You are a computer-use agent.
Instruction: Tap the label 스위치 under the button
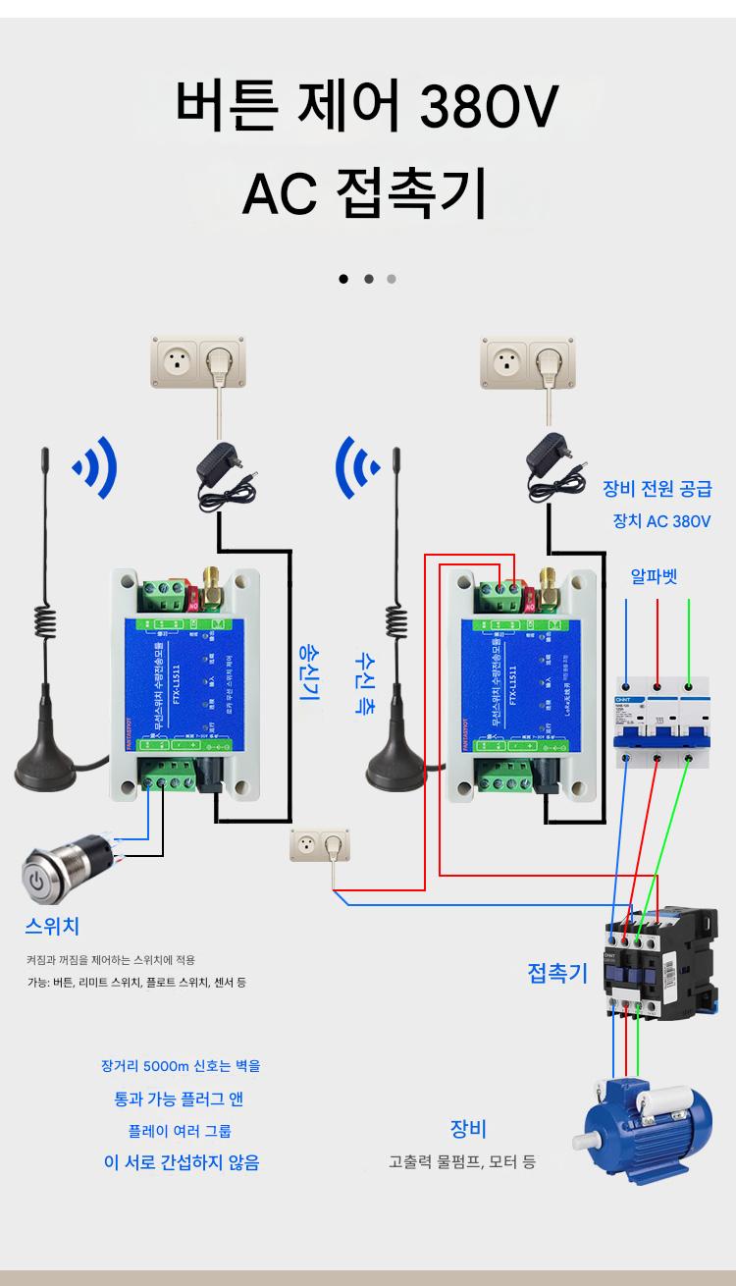coord(52,926)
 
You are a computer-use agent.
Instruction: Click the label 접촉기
coord(557,973)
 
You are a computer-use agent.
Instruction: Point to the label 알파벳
coord(655,576)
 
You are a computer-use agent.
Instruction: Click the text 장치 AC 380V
coord(660,521)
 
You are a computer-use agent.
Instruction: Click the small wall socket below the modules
coord(321,845)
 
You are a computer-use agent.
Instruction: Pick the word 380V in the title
coord(489,107)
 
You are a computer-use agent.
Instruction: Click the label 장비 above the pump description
coord(468,1129)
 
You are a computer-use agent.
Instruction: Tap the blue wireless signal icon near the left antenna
coord(97,467)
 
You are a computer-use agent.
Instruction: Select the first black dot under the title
coord(343,279)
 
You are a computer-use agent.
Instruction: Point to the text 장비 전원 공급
coord(657,489)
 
